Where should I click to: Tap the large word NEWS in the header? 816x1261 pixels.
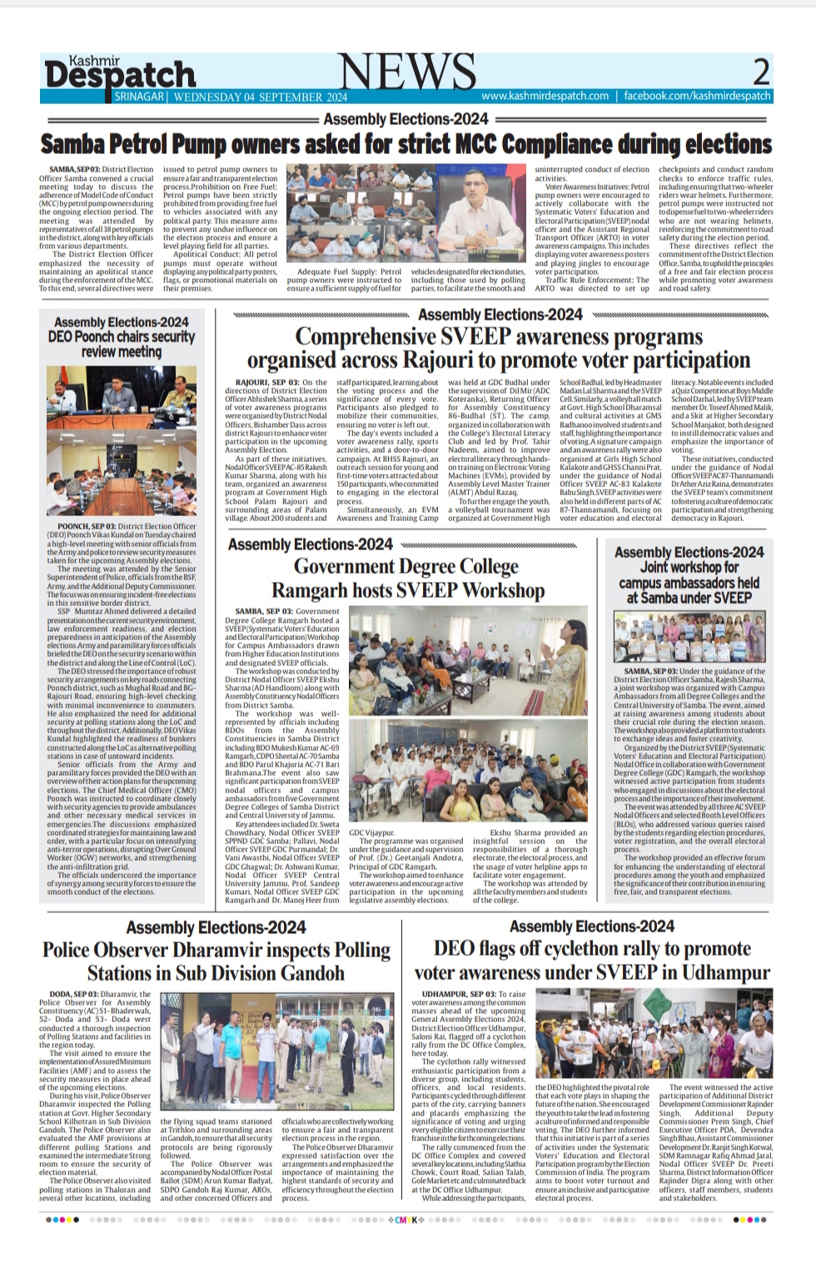tap(407, 72)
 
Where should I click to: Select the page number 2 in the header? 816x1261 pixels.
tap(760, 72)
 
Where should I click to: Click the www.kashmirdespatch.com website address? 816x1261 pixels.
tap(545, 97)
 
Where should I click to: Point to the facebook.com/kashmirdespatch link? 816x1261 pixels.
tap(697, 97)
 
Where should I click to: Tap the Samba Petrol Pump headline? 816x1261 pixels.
tap(406, 143)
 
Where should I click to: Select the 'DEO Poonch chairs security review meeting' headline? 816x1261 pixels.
tap(122, 337)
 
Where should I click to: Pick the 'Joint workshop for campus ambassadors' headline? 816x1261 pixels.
tap(689, 574)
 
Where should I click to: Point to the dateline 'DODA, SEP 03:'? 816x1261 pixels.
tap(72, 994)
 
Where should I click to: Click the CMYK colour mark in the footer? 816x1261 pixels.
tap(406, 1219)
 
